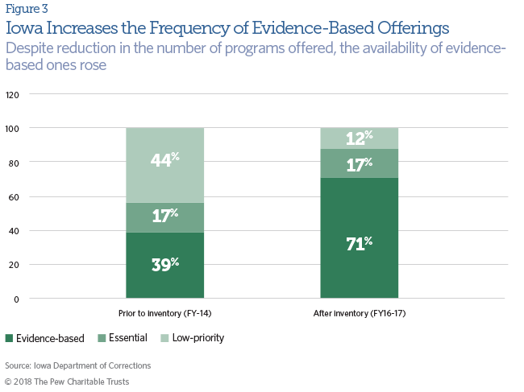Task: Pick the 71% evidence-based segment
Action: pos(360,238)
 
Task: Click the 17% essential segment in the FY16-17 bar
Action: pos(360,163)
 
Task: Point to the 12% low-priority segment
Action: pos(360,138)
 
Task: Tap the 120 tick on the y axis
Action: pos(13,94)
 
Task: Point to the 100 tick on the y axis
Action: pos(13,128)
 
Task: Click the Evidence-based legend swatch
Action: pos(10,338)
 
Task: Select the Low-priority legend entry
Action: pos(193,338)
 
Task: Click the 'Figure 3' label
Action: pos(23,10)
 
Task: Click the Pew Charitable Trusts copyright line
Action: pos(67,381)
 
